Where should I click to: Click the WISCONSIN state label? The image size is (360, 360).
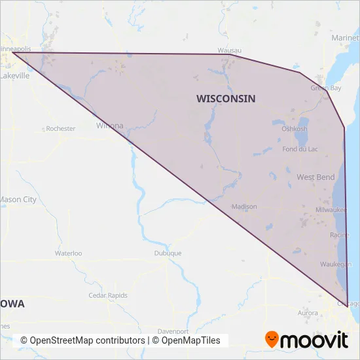(226, 98)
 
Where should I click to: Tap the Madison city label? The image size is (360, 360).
(244, 206)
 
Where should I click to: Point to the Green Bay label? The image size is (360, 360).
(325, 88)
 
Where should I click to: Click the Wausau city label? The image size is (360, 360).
(230, 50)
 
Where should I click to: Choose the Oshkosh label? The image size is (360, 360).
(294, 129)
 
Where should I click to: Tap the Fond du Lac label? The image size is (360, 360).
(299, 149)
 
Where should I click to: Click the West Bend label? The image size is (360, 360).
(315, 177)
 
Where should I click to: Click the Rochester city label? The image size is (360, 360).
(60, 129)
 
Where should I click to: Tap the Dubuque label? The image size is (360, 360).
(168, 253)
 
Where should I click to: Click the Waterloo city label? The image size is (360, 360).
(68, 253)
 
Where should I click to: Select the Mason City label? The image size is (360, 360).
(18, 200)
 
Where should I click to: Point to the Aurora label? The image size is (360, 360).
(308, 314)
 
